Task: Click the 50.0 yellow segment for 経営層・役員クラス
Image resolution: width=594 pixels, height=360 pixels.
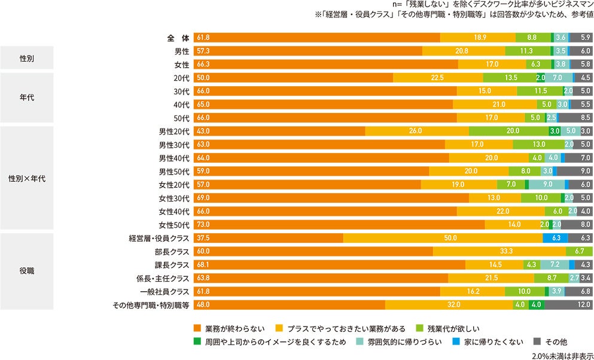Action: coord(443,238)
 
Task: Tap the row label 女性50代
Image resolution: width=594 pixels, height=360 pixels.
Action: coord(174,225)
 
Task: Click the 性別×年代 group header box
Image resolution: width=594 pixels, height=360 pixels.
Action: coord(27,178)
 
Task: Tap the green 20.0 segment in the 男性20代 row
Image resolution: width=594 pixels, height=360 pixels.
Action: coord(508,131)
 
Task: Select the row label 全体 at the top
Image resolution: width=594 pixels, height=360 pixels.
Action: coord(178,38)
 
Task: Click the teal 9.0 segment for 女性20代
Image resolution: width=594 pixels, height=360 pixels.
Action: coord(546,185)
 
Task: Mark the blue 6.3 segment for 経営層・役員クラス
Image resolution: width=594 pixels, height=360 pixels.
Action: coord(555,238)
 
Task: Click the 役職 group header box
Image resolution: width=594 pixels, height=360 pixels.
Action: coord(27,271)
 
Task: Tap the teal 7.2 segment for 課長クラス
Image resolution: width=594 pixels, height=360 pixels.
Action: coord(555,265)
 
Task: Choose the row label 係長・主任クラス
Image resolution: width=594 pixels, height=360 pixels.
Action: coord(163,279)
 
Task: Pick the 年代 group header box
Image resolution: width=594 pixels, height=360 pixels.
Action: coord(27,98)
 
